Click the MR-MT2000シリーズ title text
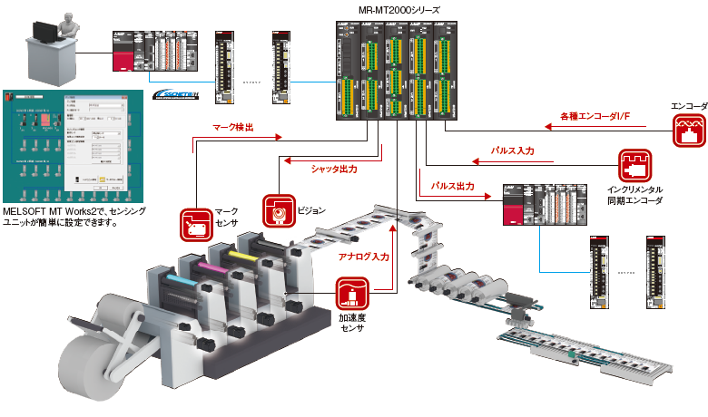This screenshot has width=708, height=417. (x=398, y=10)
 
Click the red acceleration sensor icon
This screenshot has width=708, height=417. (x=350, y=296)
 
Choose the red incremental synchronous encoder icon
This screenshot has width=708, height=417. (x=634, y=166)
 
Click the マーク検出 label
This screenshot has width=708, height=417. (x=233, y=129)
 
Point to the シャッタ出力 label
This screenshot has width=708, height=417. (x=333, y=169)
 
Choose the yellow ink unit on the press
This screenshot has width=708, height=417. (x=241, y=257)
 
